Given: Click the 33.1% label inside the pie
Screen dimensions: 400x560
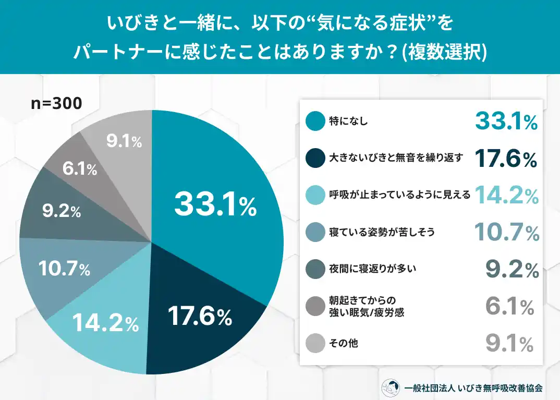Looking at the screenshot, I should point(215,204).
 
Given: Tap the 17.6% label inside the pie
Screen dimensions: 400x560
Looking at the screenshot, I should point(200,316).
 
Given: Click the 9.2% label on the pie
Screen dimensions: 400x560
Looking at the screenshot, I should point(61,211).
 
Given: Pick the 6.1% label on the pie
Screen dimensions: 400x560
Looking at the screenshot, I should point(79,168).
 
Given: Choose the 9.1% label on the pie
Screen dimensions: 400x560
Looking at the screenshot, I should point(124,141).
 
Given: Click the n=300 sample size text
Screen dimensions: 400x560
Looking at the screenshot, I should point(56,104).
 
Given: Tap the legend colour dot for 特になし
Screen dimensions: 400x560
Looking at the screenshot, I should point(315,122).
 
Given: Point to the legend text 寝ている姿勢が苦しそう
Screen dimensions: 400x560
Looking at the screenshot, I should point(382,232).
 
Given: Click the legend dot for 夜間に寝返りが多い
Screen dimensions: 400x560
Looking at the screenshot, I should point(315,269).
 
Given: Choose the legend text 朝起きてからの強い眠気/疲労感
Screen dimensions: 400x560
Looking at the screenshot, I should point(367,306).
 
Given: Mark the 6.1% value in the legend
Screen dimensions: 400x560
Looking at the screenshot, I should point(509,307).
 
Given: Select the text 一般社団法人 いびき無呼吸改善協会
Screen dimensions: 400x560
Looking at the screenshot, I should point(473,388).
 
